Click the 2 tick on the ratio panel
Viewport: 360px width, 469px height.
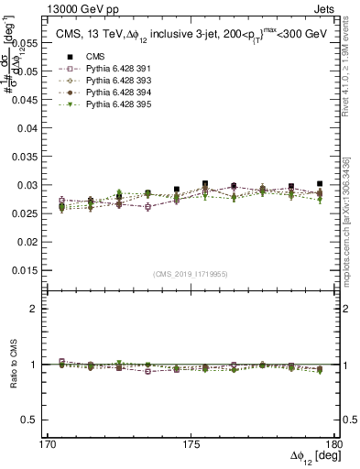tap(40, 309)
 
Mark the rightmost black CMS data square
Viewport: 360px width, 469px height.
tap(320, 184)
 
